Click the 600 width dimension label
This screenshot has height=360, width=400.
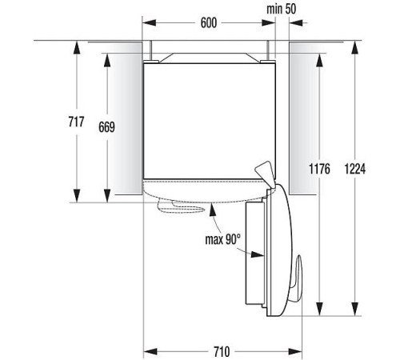(x=209, y=22)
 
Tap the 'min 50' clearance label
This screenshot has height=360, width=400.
(x=282, y=8)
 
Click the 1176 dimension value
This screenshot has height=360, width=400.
(x=318, y=168)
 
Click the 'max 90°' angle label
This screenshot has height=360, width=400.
(x=222, y=238)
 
